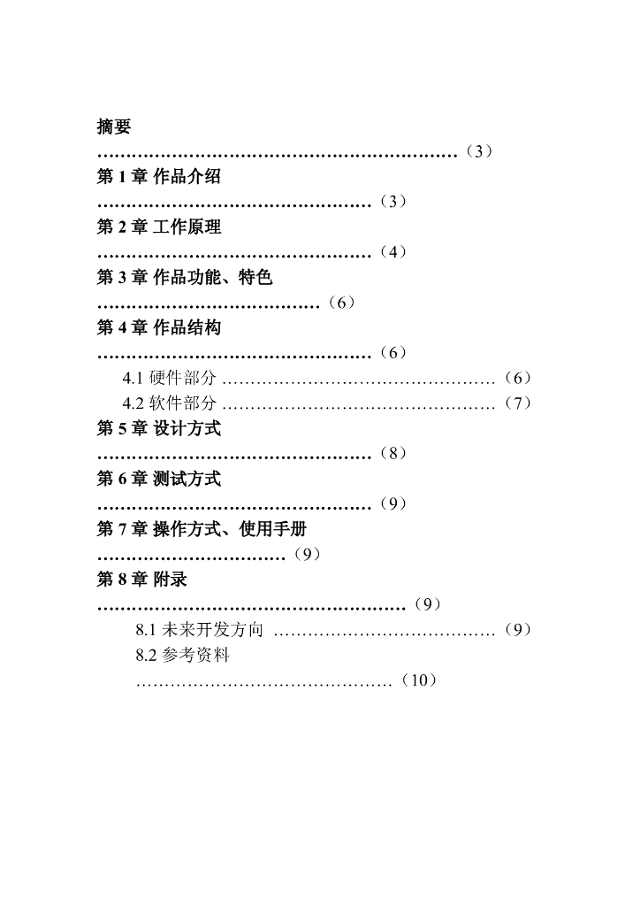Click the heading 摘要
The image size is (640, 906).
click(114, 127)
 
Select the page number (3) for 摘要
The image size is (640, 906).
click(477, 151)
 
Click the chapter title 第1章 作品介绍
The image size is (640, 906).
click(159, 177)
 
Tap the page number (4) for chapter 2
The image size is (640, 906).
click(392, 252)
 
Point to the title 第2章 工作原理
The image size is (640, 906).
click(159, 227)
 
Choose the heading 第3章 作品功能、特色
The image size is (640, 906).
click(185, 278)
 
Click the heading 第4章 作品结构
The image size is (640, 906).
click(159, 328)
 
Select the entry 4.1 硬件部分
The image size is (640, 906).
click(169, 379)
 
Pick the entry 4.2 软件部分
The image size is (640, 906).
click(169, 403)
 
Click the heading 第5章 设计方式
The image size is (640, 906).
click(159, 429)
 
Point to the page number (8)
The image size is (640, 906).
click(392, 454)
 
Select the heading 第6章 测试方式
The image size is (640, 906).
click(159, 480)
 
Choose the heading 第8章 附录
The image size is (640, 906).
click(141, 580)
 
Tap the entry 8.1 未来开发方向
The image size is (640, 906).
click(200, 631)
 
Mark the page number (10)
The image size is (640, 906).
click(419, 680)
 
